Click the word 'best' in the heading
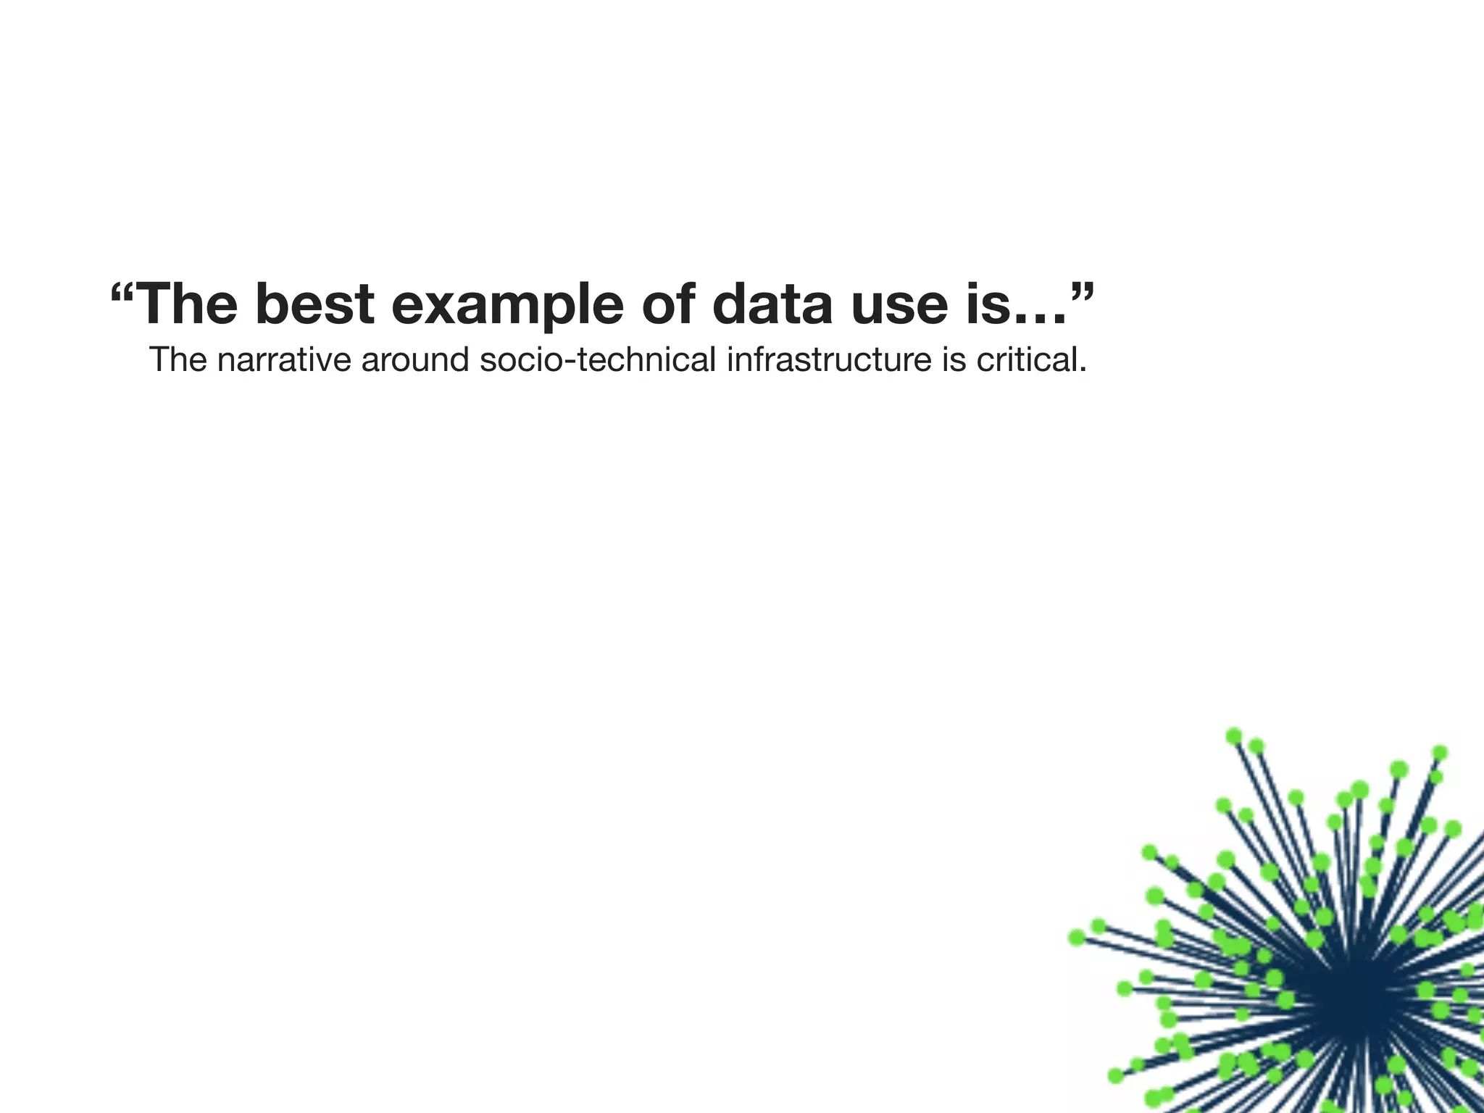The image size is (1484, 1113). pos(314,304)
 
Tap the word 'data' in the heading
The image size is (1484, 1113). pos(772,304)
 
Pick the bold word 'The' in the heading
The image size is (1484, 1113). pos(186,304)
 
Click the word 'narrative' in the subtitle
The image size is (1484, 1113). pos(283,360)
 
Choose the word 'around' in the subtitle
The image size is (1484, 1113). pos(415,360)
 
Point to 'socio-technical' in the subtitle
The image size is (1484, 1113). pos(598,360)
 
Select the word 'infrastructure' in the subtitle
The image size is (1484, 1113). pos(829,360)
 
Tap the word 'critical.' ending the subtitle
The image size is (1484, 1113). pos(1031,360)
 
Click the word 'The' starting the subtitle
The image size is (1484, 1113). pos(178,360)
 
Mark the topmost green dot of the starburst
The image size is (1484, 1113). pos(1234,736)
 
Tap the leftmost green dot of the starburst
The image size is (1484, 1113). pos(1077,938)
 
